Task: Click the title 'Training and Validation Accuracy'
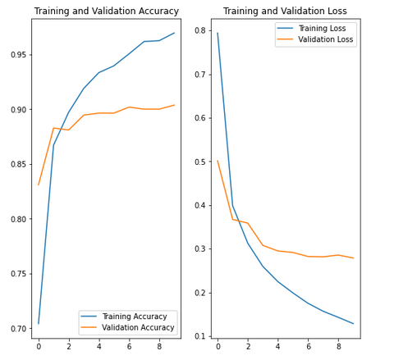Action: coord(106,11)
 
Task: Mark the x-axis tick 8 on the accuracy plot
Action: coord(159,346)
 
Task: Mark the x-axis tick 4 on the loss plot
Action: coord(278,346)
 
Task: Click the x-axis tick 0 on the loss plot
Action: coord(218,346)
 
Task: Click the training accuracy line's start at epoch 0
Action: coord(39,323)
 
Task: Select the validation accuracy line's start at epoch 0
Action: coord(39,185)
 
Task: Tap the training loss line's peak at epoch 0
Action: coord(218,33)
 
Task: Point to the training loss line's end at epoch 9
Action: coord(354,324)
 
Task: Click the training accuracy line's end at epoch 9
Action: coord(174,33)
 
